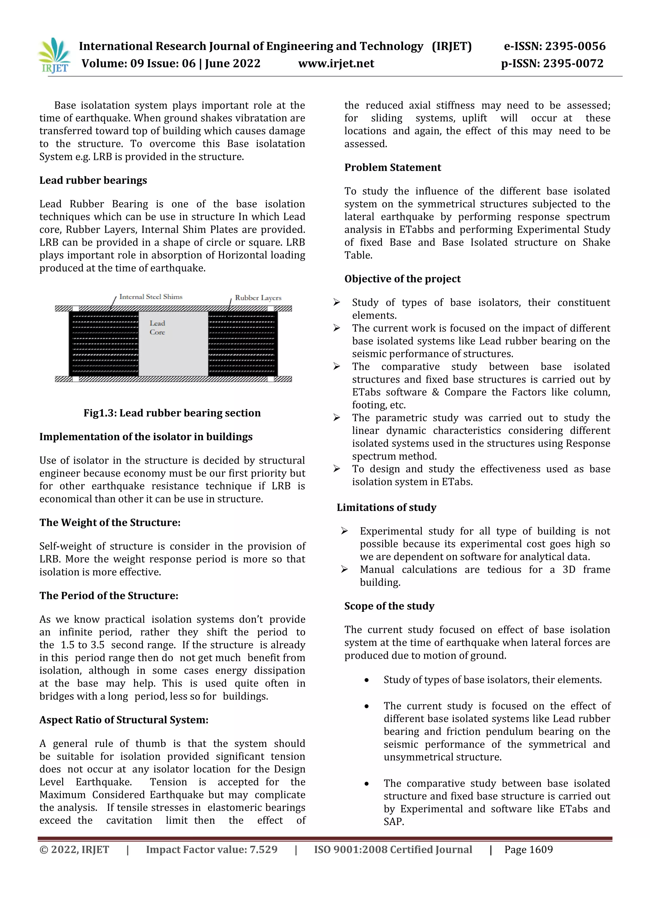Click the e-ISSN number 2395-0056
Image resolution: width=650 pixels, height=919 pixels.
(x=575, y=46)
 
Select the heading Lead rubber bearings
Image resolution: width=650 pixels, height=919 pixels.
(x=93, y=181)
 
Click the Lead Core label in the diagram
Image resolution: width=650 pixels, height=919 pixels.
(x=157, y=328)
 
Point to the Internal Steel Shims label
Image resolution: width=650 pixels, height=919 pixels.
(x=150, y=297)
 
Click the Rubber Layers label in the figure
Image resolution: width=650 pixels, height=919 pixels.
(x=258, y=298)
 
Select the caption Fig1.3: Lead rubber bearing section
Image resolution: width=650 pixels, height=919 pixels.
(x=172, y=413)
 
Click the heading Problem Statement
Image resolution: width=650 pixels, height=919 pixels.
(x=392, y=168)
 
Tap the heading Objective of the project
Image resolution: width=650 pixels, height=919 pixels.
(x=402, y=279)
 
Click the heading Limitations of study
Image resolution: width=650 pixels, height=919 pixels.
(x=386, y=507)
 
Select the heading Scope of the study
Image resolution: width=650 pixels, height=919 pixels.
(x=389, y=606)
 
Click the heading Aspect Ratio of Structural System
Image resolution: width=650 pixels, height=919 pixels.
(x=124, y=720)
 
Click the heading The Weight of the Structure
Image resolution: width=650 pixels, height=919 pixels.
(x=110, y=523)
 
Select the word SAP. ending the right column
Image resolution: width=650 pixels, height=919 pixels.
(x=394, y=822)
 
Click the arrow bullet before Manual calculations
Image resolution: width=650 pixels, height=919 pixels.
(x=344, y=570)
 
